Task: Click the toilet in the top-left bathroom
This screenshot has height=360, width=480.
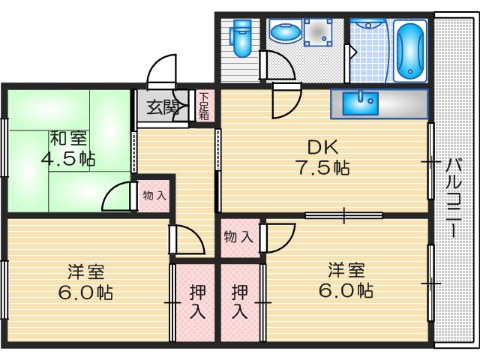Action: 241,37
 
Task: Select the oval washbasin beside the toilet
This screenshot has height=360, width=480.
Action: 285,33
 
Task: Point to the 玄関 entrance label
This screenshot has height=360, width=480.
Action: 163,107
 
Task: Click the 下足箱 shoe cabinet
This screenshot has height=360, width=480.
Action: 205,106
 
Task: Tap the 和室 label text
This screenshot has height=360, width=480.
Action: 68,139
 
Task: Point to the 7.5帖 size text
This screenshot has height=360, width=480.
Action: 322,167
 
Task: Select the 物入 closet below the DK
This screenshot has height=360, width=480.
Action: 238,237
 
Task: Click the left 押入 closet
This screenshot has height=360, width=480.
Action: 196,301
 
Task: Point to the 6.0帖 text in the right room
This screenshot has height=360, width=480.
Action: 346,290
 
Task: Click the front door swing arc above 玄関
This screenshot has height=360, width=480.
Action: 161,71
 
